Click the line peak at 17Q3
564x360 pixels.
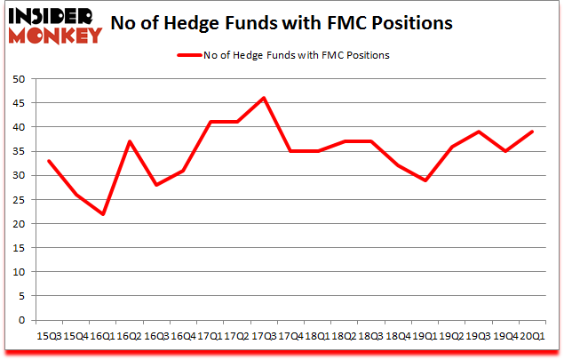[x=264, y=98]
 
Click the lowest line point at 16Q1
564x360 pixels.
[x=102, y=213]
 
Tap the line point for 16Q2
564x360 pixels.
[x=129, y=141]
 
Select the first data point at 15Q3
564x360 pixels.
[x=48, y=161]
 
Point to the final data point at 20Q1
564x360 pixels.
[x=533, y=132]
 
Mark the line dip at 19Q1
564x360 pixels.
[x=425, y=180]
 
